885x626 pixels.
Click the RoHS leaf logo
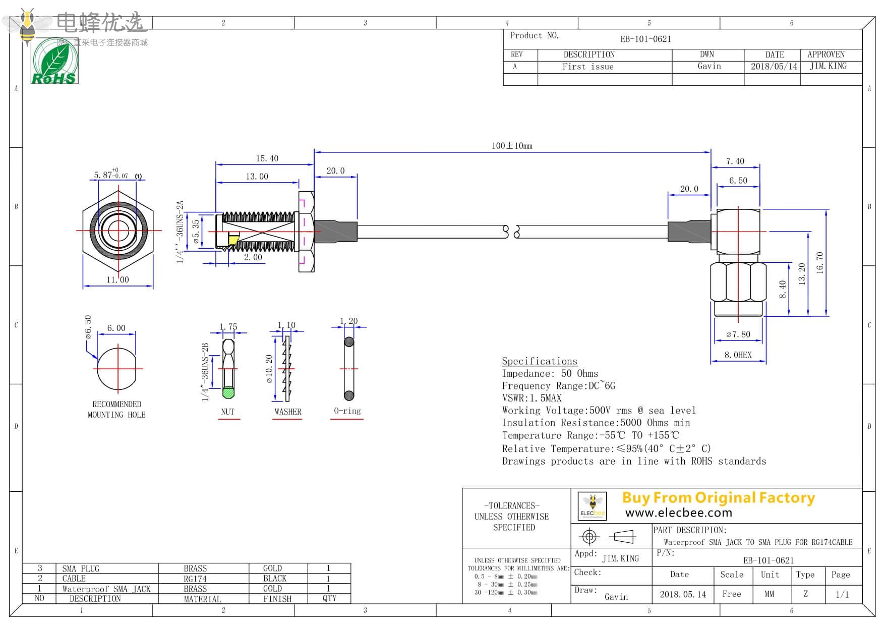coord(54,62)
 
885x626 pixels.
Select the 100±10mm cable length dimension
coord(512,146)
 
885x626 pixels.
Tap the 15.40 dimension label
coord(267,158)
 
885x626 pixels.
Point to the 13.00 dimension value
coord(257,177)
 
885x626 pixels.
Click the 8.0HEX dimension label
coord(738,355)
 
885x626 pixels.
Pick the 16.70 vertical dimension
coord(819,262)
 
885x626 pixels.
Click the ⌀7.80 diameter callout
coord(738,334)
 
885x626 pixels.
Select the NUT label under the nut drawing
coord(227,412)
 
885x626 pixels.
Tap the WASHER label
coord(287,412)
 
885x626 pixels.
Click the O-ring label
coord(347,411)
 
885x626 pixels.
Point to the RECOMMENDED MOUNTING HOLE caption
coord(116,410)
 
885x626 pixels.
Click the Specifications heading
coord(539,361)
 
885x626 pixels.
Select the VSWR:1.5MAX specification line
coord(532,398)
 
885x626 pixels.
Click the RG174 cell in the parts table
coord(195,579)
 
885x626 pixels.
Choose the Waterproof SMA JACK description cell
coord(106,589)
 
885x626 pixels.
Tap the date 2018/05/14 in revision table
coord(774,67)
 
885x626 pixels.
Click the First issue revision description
coord(588,67)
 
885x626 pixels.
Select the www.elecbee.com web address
coord(678,513)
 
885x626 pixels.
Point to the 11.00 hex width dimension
coord(117,280)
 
